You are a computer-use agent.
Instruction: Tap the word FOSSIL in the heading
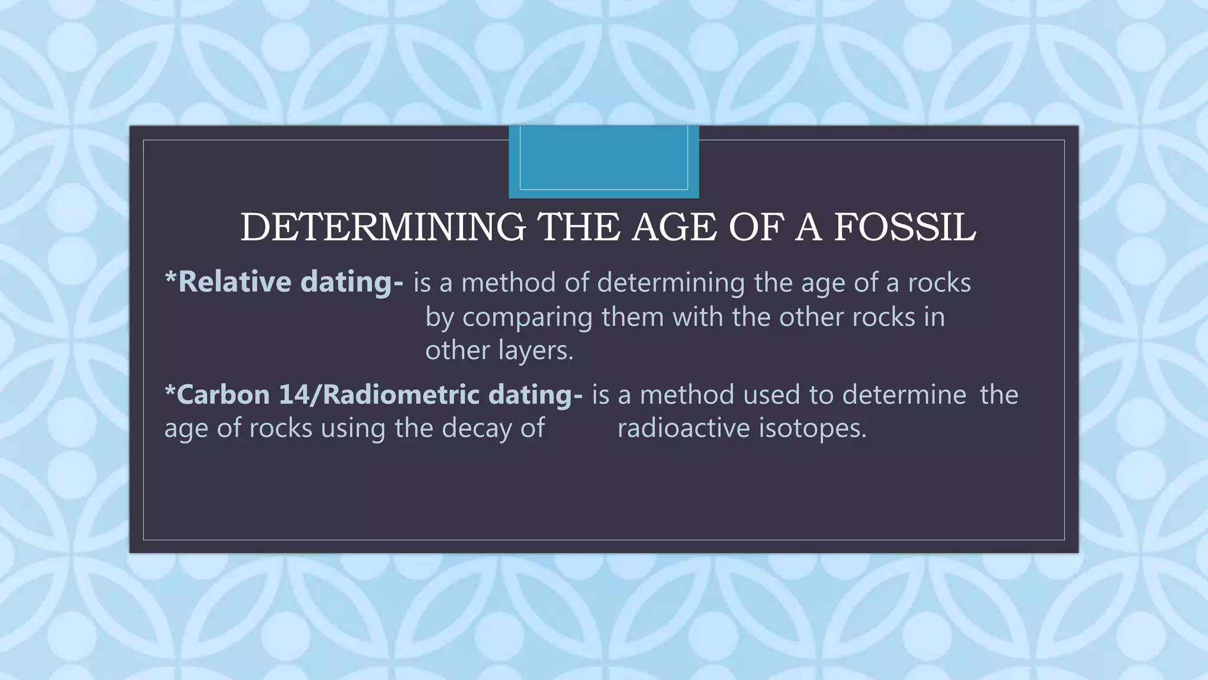905,227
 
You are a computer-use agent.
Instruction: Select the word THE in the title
580,227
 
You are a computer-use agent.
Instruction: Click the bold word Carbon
223,395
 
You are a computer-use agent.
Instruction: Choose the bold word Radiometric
401,395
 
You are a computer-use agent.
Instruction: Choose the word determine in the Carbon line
904,395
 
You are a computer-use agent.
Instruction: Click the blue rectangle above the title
603,161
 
